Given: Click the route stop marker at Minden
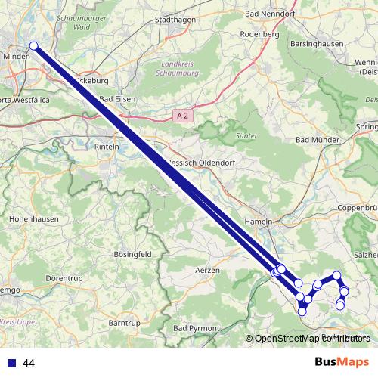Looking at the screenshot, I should pyautogui.click(x=33, y=46).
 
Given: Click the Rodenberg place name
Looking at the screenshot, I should pyautogui.click(x=259, y=34).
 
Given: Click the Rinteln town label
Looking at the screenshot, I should pyautogui.click(x=108, y=147).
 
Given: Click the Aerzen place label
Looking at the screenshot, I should pyautogui.click(x=207, y=270).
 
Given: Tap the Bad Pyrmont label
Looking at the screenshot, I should pyautogui.click(x=197, y=328).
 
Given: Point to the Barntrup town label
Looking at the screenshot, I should pyautogui.click(x=125, y=323).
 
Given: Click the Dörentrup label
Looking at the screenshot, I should pyautogui.click(x=64, y=278).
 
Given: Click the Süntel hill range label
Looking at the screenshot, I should pyautogui.click(x=246, y=135).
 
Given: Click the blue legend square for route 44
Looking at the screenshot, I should pyautogui.click(x=11, y=363).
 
